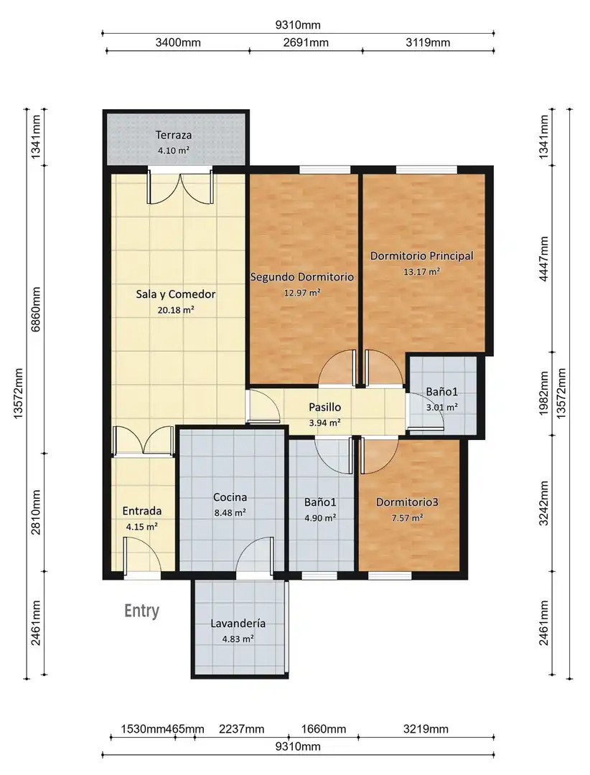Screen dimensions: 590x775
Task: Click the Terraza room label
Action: pyautogui.click(x=173, y=135)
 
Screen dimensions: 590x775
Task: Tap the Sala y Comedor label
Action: pyautogui.click(x=176, y=295)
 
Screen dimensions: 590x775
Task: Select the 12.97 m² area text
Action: pyautogui.click(x=301, y=293)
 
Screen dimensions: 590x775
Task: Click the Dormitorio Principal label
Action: pyautogui.click(x=422, y=256)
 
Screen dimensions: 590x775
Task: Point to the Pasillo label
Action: pyautogui.click(x=325, y=408)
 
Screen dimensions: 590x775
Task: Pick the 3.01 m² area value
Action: pyautogui.click(x=441, y=408)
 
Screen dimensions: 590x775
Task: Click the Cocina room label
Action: pyautogui.click(x=230, y=497)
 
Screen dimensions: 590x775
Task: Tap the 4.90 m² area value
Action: pyautogui.click(x=320, y=518)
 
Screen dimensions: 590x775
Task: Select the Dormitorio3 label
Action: pyautogui.click(x=407, y=502)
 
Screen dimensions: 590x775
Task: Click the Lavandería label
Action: pyautogui.click(x=238, y=624)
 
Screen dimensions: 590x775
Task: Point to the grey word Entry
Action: pyautogui.click(x=141, y=611)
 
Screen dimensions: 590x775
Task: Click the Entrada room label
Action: pyautogui.click(x=142, y=511)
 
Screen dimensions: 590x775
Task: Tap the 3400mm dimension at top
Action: pyautogui.click(x=178, y=42)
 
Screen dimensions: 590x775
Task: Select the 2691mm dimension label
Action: pyautogui.click(x=306, y=42)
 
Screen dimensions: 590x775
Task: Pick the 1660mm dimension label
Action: pyautogui.click(x=324, y=729)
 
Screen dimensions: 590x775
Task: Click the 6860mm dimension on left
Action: pyautogui.click(x=36, y=309)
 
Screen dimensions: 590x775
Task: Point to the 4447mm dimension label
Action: pyautogui.click(x=544, y=259)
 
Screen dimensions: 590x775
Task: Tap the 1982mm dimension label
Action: pyautogui.click(x=544, y=394)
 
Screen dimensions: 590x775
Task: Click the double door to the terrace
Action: pyautogui.click(x=181, y=188)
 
